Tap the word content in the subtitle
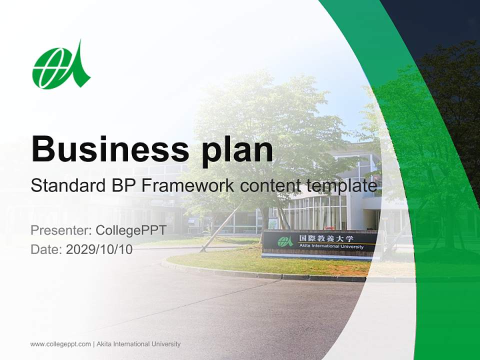pyautogui.click(x=270, y=186)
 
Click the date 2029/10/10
pyautogui.click(x=99, y=249)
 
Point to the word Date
pyautogui.click(x=46, y=249)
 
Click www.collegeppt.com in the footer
pyautogui.click(x=60, y=344)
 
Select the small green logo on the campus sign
pyautogui.click(x=285, y=241)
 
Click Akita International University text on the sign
pyautogui.click(x=325, y=246)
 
